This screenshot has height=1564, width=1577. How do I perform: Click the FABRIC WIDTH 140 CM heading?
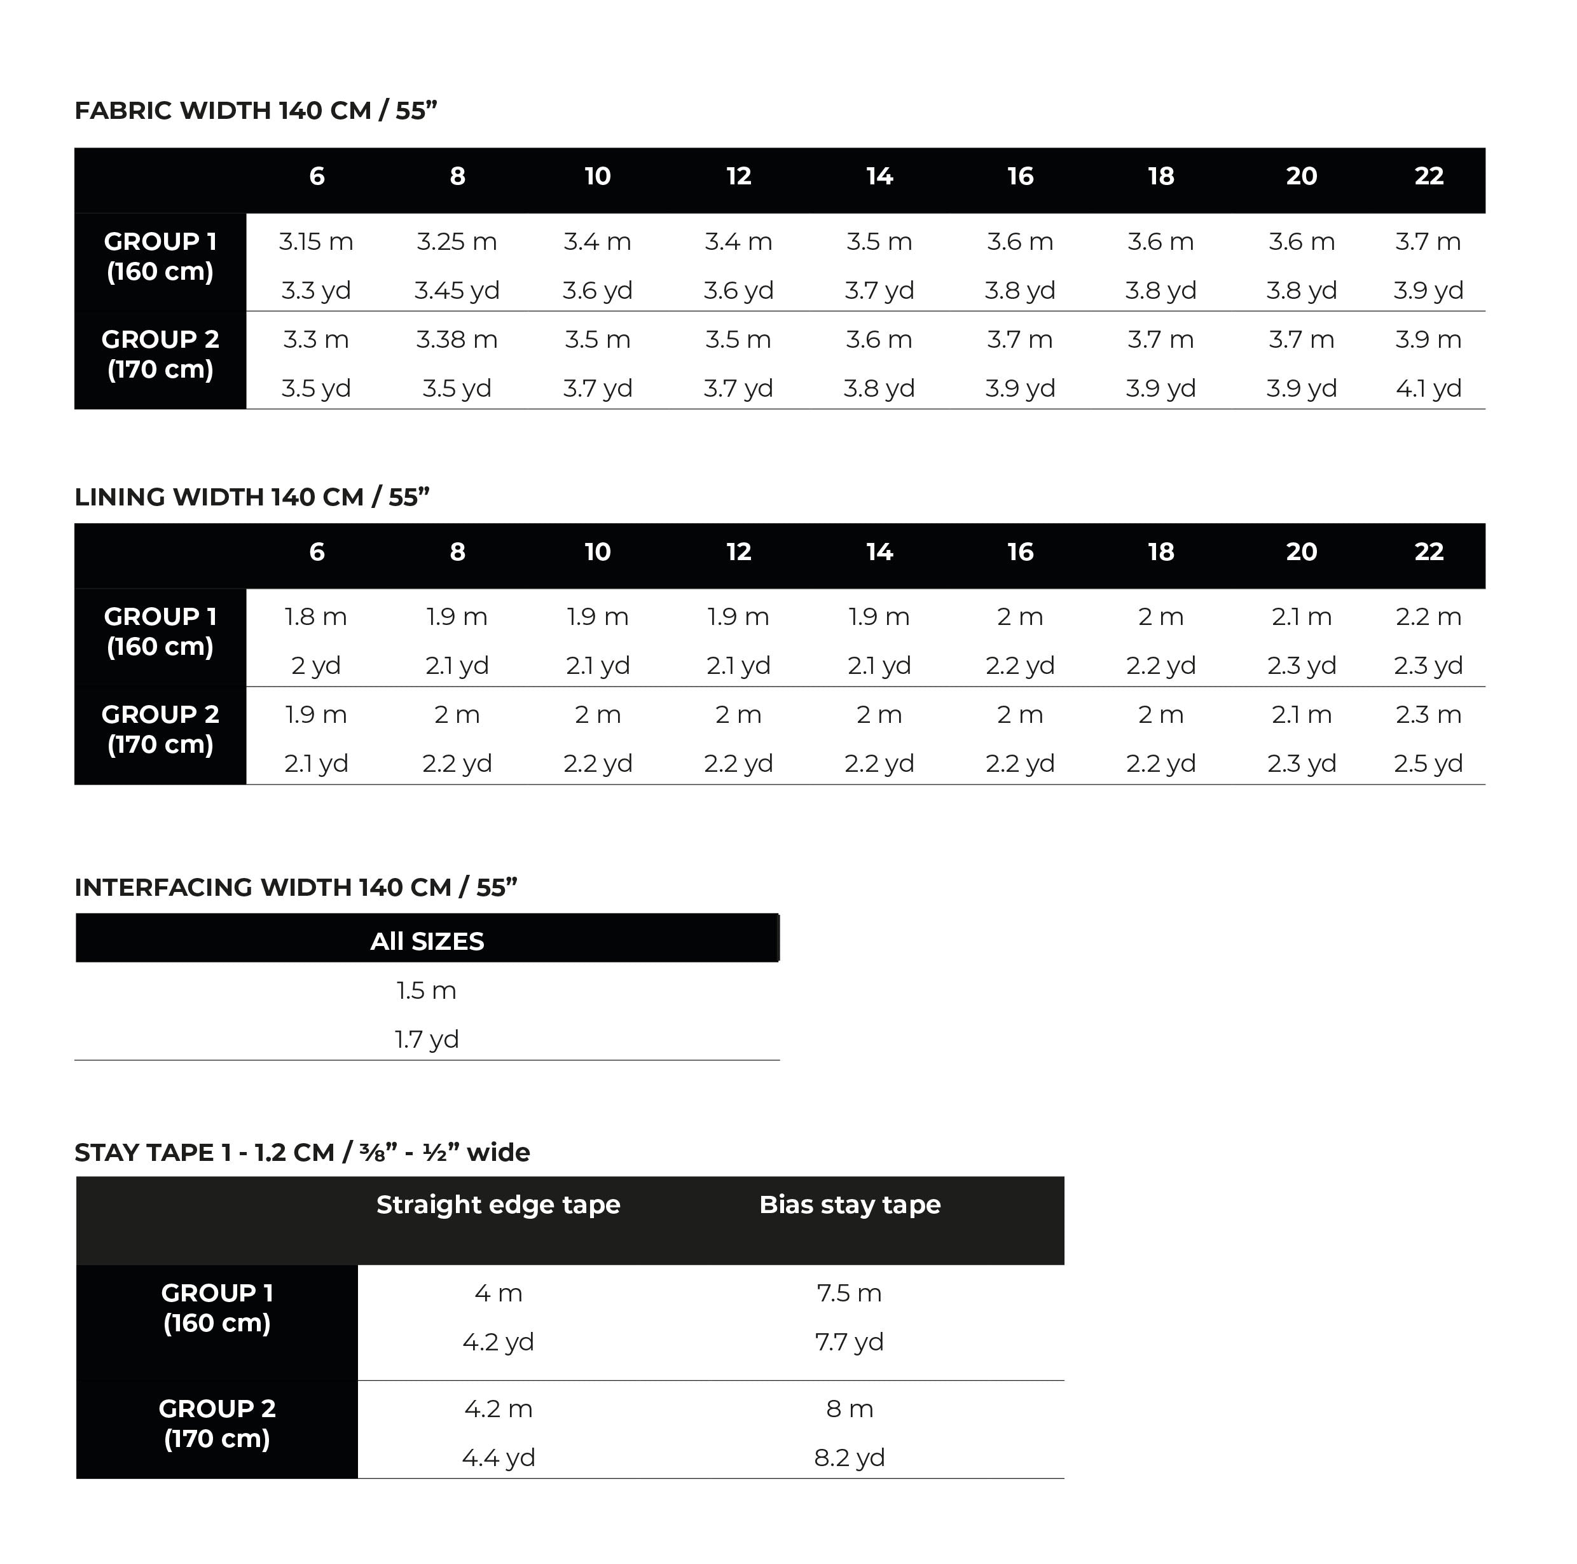pyautogui.click(x=256, y=110)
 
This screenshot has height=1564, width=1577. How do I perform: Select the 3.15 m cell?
pyautogui.click(x=316, y=242)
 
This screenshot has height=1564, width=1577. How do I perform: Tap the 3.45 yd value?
pyautogui.click(x=457, y=291)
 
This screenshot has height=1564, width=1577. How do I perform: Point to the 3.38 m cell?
pyautogui.click(x=457, y=340)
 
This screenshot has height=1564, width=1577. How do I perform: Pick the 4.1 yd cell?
pyautogui.click(x=1428, y=388)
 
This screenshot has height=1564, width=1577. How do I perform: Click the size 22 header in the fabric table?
pyautogui.click(x=1428, y=176)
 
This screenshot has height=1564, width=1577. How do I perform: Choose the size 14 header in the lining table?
pyautogui.click(x=879, y=552)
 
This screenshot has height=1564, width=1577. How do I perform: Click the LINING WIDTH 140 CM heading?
pyautogui.click(x=251, y=497)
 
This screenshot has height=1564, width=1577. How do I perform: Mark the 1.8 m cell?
pyautogui.click(x=316, y=617)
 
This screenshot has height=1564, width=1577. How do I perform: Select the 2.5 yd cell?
pyautogui.click(x=1428, y=764)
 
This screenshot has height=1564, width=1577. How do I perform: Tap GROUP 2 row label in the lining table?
pyautogui.click(x=160, y=730)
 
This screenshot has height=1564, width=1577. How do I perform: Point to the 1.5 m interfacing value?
pyautogui.click(x=426, y=991)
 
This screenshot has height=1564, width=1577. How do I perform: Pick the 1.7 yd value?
pyautogui.click(x=426, y=1040)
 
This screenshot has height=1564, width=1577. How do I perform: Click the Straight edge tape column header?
pyautogui.click(x=498, y=1205)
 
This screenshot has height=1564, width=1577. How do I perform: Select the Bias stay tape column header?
pyautogui.click(x=850, y=1205)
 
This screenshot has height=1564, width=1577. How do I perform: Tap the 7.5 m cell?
pyautogui.click(x=849, y=1294)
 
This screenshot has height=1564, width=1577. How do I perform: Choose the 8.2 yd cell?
pyautogui.click(x=849, y=1458)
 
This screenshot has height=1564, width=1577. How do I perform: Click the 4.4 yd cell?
pyautogui.click(x=498, y=1458)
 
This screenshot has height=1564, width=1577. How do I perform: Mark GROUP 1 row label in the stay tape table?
pyautogui.click(x=216, y=1308)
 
